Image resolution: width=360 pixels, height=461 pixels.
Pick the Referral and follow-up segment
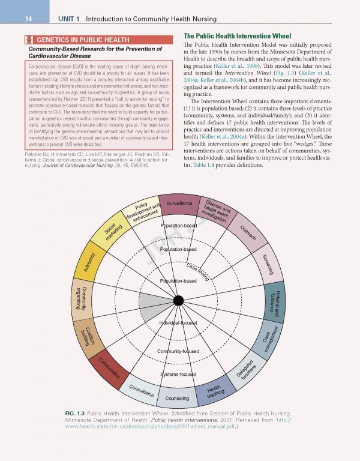click(x=276, y=301)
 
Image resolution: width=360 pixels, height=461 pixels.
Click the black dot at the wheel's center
click(x=178, y=300)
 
